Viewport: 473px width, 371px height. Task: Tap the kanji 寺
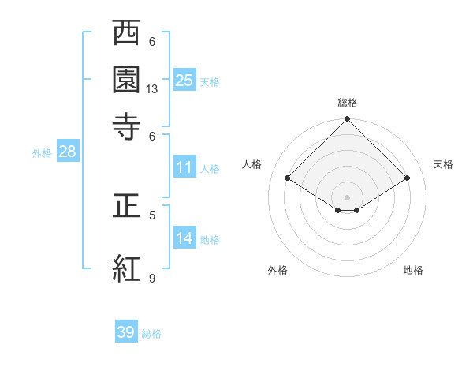click(127, 126)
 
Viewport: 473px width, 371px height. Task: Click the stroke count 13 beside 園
click(152, 89)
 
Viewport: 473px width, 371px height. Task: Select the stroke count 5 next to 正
click(152, 214)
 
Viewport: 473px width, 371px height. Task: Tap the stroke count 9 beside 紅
click(152, 278)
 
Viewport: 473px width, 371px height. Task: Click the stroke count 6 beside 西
click(152, 42)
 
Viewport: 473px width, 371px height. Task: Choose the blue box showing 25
click(184, 80)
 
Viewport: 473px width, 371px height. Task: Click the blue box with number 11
click(184, 167)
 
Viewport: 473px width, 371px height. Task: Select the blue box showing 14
click(184, 238)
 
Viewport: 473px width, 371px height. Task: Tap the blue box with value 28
click(67, 152)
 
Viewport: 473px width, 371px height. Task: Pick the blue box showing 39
click(126, 332)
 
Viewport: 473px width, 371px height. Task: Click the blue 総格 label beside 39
click(151, 334)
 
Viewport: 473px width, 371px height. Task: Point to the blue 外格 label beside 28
click(41, 153)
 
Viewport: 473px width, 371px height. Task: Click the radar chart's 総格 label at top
click(348, 103)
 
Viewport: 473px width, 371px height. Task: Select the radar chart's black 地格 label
click(413, 270)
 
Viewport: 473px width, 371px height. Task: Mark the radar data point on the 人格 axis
click(288, 178)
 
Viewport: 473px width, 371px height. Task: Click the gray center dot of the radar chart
click(348, 197)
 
